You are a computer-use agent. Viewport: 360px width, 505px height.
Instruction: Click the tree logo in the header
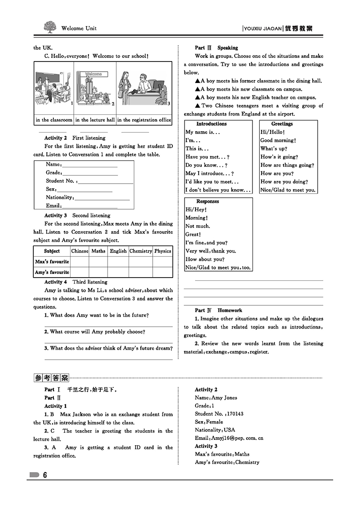point(51,27)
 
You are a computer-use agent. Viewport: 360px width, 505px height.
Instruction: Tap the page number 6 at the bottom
point(45,475)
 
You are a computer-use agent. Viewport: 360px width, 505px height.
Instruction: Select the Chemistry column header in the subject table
point(140,251)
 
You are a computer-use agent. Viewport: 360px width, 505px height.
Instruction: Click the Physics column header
point(163,251)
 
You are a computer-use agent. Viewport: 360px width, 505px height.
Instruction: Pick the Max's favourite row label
point(52,262)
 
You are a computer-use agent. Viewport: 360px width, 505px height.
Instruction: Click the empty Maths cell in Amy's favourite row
point(98,272)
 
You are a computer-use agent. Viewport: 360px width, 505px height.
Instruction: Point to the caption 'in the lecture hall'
point(95,120)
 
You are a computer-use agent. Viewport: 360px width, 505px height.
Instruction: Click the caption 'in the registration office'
point(144,120)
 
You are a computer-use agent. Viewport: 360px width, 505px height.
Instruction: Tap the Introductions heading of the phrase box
point(211,124)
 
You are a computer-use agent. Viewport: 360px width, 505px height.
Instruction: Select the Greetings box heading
point(282,124)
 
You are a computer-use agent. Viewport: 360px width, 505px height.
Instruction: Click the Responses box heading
point(208,201)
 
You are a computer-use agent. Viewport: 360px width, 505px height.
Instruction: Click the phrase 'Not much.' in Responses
point(198,226)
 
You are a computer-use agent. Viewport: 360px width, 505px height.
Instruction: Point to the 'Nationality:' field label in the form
point(60,197)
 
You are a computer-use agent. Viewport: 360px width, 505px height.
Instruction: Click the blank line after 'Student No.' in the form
point(105,182)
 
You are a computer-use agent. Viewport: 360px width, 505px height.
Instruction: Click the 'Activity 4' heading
point(56,282)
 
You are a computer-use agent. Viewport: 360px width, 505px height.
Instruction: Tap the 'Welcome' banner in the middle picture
point(93,74)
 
